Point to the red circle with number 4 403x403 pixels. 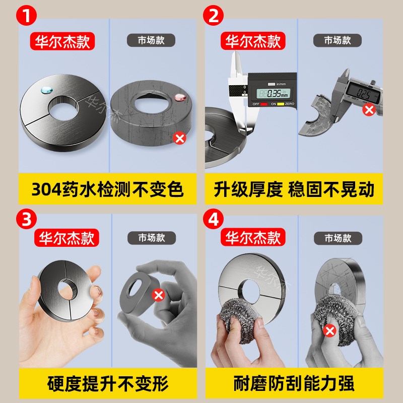point(214,218)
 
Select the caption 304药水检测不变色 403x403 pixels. point(107,190)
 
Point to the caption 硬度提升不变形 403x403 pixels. point(107,382)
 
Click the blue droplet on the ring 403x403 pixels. point(45,90)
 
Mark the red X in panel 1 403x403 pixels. point(179,138)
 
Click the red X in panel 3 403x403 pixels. point(158,295)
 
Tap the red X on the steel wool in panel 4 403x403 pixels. point(330,331)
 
